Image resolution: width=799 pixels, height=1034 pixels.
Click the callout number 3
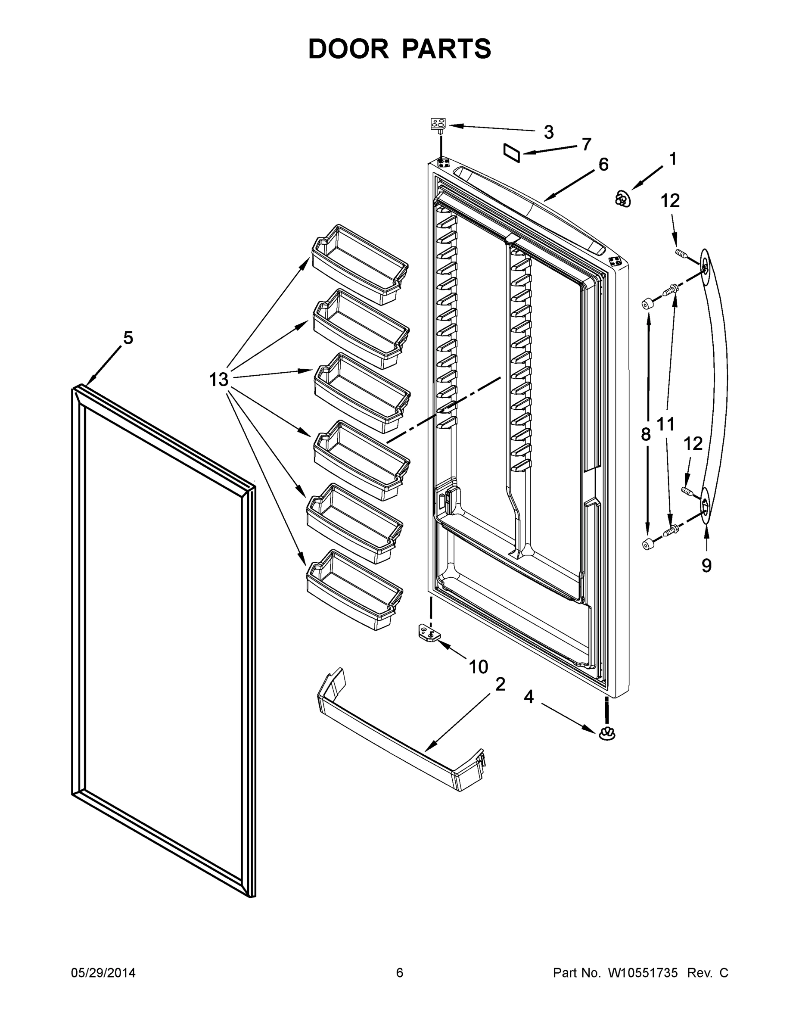pos(549,132)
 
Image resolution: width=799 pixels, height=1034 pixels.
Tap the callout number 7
pos(586,144)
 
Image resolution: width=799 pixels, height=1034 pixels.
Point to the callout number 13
pos(219,379)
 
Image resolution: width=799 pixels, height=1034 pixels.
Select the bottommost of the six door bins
pos(354,590)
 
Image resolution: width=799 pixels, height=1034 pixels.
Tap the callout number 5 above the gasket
pos(128,338)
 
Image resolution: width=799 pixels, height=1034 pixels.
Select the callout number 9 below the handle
pos(706,565)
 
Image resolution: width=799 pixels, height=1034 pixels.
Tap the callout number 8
pos(646,434)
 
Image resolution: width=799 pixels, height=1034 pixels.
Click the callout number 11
pos(665,424)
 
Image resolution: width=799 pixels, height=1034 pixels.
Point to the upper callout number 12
pos(670,201)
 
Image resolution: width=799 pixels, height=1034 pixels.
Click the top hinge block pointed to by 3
pos(438,125)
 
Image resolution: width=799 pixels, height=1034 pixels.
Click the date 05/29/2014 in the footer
pos(103,972)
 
